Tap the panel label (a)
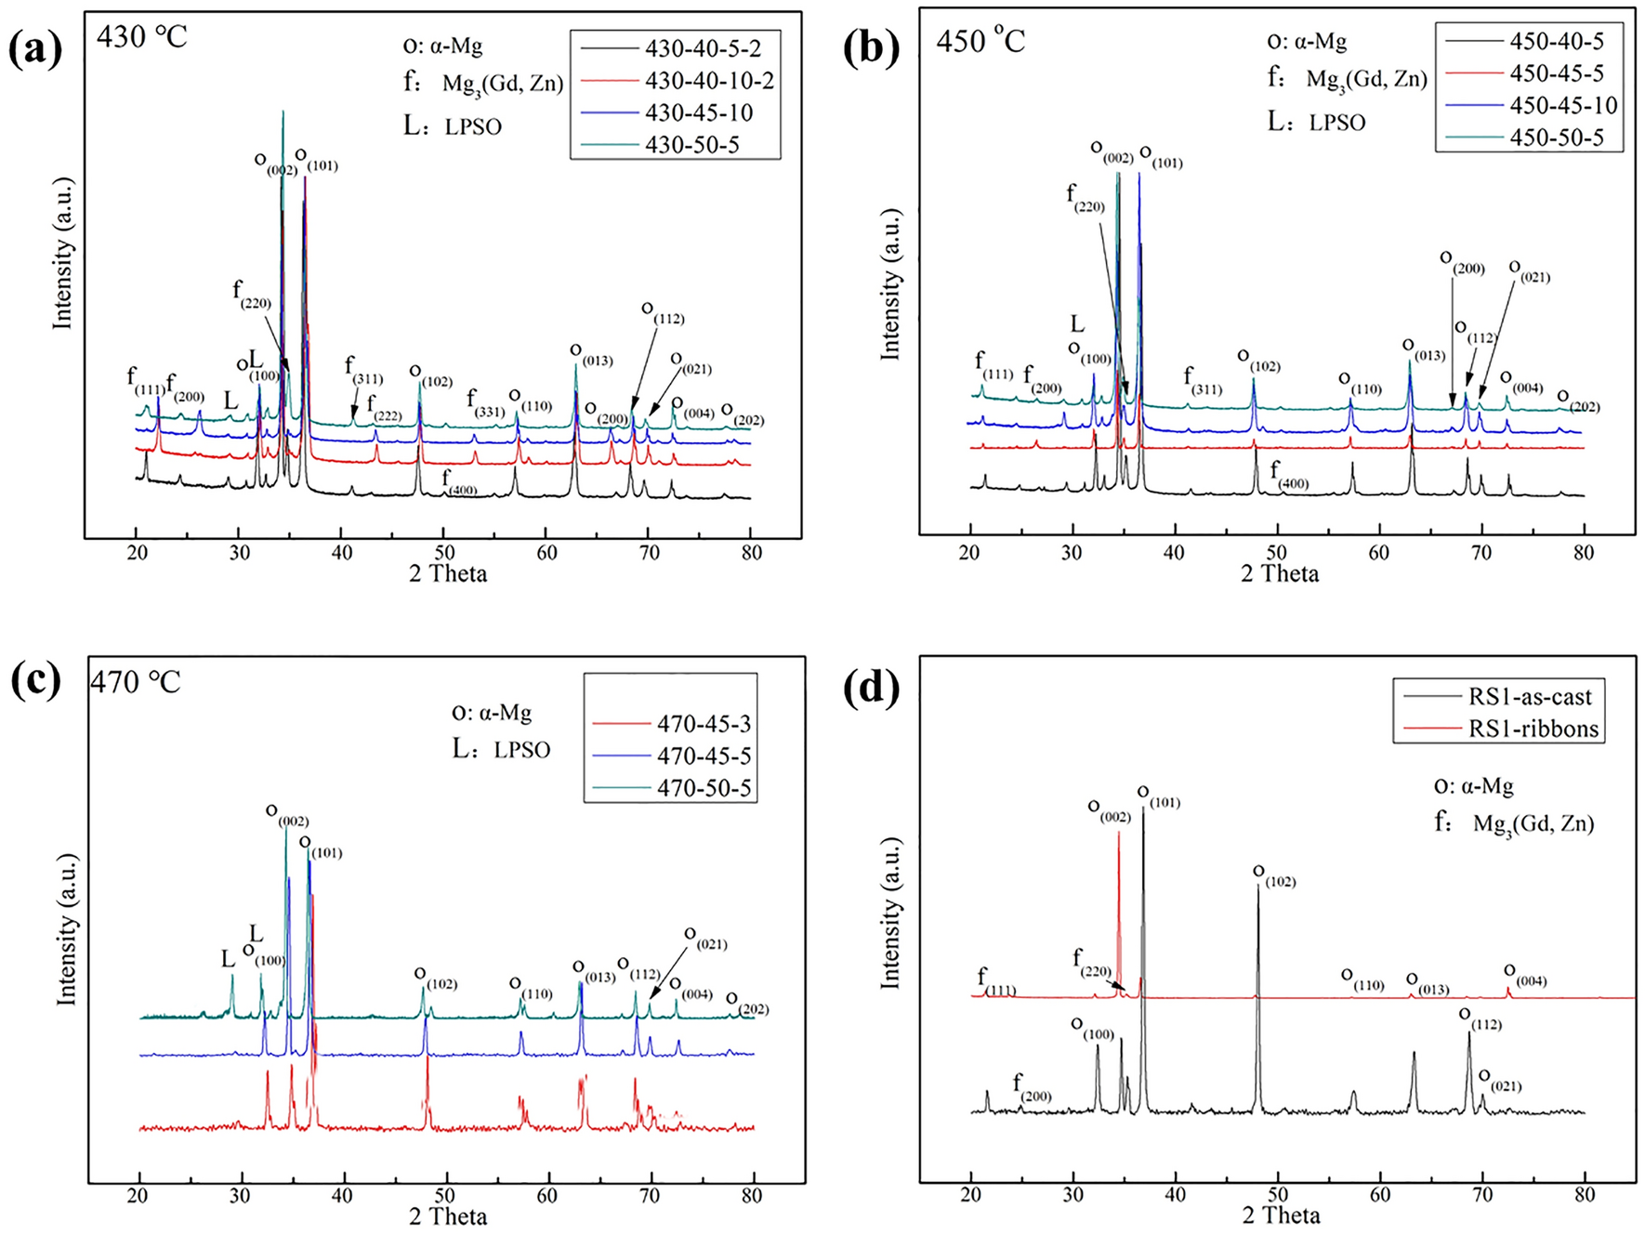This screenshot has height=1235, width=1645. point(36,48)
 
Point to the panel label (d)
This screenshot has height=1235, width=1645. point(871,690)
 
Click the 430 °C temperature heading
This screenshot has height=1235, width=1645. point(142,37)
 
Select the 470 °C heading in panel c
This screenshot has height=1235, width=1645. point(136,682)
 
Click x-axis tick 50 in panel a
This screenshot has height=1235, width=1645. point(444,553)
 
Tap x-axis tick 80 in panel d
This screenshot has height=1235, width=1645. point(1585,1194)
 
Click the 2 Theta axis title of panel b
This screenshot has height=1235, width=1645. point(1280,573)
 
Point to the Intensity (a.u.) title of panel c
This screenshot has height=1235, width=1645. point(66,929)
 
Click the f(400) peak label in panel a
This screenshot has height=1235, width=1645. point(459,482)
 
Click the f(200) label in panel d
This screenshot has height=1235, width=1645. point(1031,1087)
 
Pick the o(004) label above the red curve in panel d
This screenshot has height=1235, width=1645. point(1523,975)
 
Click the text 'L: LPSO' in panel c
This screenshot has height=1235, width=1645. point(502,749)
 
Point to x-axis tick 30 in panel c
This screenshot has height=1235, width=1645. point(242,1194)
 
